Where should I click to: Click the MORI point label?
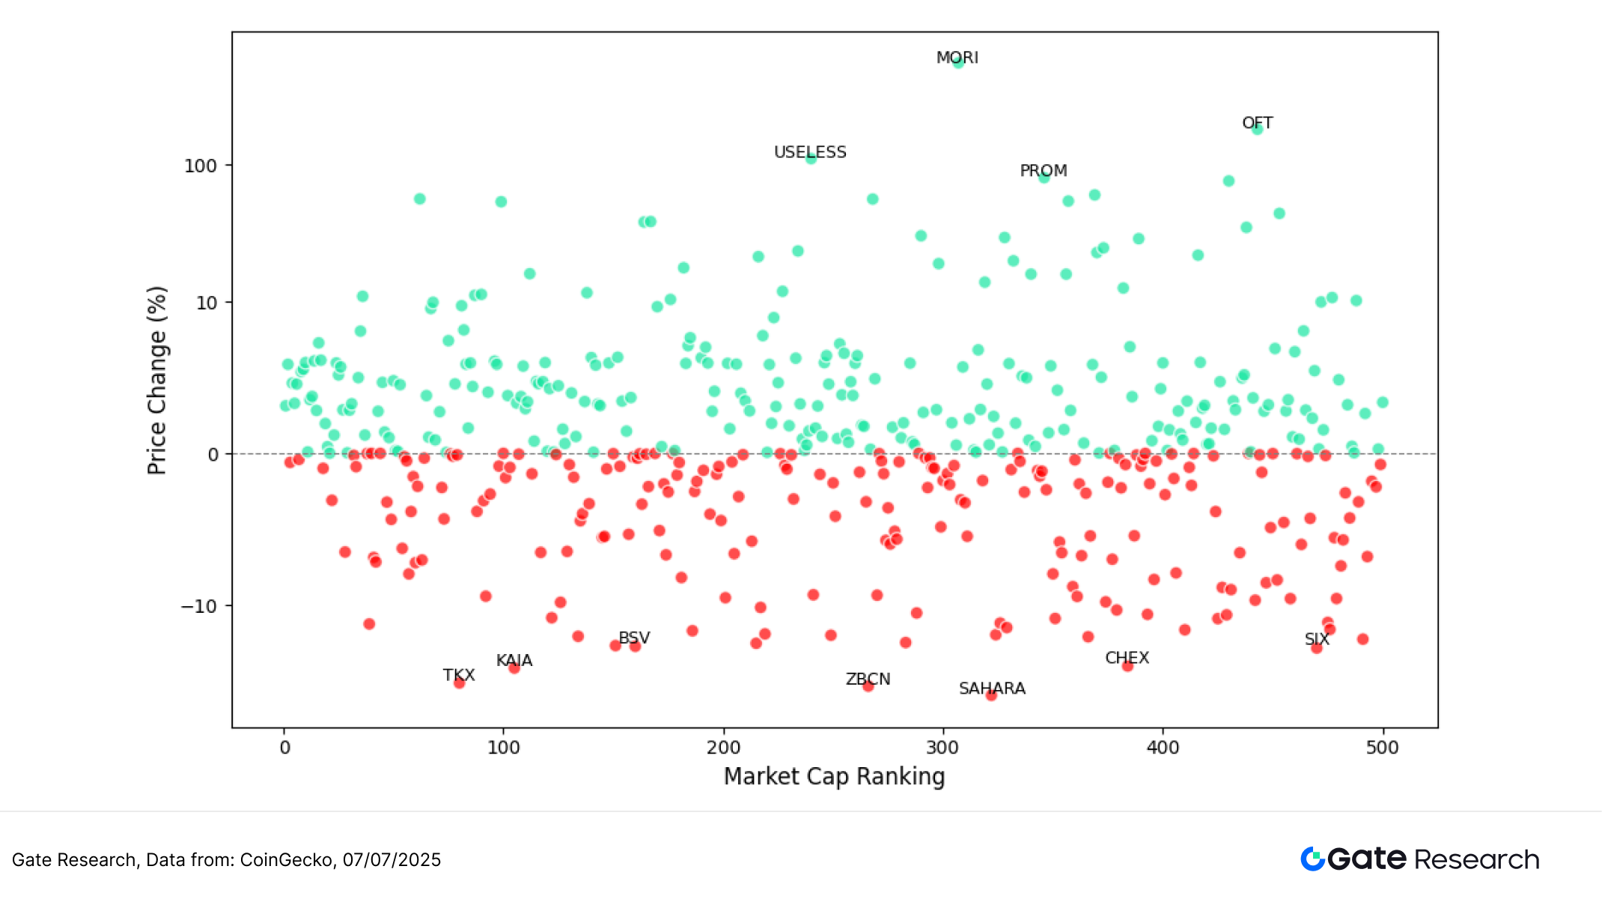[x=957, y=58]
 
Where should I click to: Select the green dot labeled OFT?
[x=1258, y=129]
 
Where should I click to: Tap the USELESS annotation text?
[x=810, y=152]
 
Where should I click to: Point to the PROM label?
[x=1044, y=171]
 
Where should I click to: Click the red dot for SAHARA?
[x=991, y=695]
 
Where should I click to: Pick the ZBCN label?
[x=868, y=679]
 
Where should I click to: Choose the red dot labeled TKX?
[x=460, y=682]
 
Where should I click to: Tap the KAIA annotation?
[x=514, y=660]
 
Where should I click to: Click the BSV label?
[x=634, y=638]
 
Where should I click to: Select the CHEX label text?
[x=1127, y=658]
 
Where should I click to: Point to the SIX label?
[x=1317, y=639]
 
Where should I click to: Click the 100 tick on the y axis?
[x=201, y=166]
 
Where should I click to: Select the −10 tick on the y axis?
[x=198, y=606]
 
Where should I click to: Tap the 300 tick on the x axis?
[x=942, y=747]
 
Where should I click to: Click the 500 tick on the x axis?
[x=1382, y=747]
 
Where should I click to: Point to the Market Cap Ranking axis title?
[x=834, y=776]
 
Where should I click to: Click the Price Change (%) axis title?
[x=156, y=381]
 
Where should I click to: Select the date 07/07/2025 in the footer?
[x=392, y=859]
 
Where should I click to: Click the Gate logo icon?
[x=1312, y=859]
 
